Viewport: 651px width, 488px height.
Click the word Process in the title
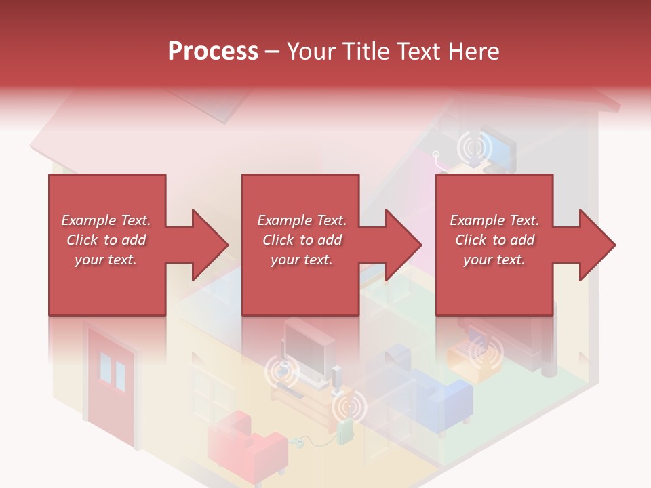coord(213,52)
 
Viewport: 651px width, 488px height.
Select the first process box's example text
coord(106,240)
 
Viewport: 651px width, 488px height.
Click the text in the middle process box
coord(301,240)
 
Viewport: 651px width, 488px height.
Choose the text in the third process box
coord(494,240)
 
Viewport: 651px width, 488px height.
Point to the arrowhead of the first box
coord(210,245)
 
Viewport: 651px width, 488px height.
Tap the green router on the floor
coord(345,432)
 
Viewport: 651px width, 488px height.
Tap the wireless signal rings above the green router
coord(349,407)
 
